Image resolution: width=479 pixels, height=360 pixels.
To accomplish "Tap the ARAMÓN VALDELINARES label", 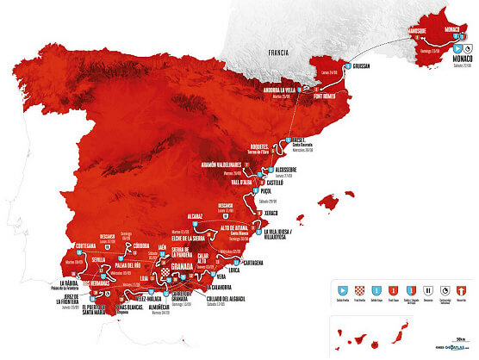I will [227, 162].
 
